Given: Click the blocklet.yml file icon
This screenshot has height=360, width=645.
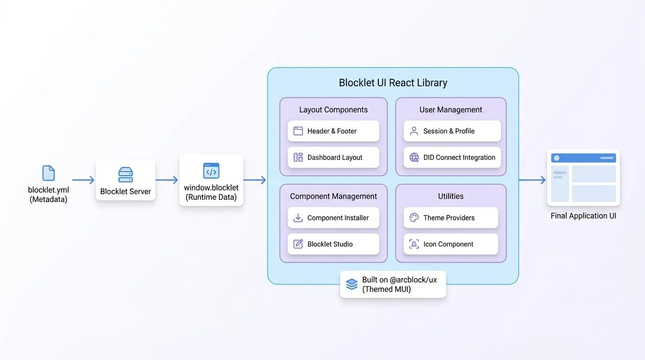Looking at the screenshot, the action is [x=48, y=173].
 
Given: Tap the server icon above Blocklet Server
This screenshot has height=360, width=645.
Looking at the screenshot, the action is [x=126, y=174].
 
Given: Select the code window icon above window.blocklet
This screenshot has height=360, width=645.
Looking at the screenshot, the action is [x=211, y=171].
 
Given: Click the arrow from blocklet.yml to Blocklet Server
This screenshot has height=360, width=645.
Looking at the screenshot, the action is [x=83, y=180].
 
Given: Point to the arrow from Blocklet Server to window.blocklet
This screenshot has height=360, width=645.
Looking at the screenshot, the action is [x=167, y=180].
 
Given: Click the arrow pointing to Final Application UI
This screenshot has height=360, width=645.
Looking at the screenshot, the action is [x=532, y=180].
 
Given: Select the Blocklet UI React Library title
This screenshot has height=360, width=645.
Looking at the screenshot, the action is [x=393, y=82].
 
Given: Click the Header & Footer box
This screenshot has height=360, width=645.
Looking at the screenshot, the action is [x=333, y=131].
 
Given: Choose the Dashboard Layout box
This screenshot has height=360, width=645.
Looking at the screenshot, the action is [x=333, y=157].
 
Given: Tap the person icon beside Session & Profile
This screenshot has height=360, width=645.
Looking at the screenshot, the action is [x=414, y=131].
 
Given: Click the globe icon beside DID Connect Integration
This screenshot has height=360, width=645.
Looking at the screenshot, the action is [x=414, y=157].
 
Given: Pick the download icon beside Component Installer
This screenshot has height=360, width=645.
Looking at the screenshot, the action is [x=298, y=217].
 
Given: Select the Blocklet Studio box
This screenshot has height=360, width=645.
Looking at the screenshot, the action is [x=333, y=244].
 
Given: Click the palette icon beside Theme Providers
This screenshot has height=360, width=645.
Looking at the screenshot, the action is [x=414, y=217].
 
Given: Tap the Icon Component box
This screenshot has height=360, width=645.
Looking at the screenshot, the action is [x=450, y=244].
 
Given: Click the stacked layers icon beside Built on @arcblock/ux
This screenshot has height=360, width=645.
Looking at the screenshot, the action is [x=352, y=284].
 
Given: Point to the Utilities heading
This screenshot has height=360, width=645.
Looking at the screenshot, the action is [x=450, y=196].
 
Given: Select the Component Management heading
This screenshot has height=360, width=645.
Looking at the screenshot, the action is [x=333, y=196].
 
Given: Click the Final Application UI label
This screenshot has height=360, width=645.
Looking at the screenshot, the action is [x=584, y=216].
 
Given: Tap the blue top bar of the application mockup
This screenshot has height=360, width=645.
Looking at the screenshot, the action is [x=584, y=158].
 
